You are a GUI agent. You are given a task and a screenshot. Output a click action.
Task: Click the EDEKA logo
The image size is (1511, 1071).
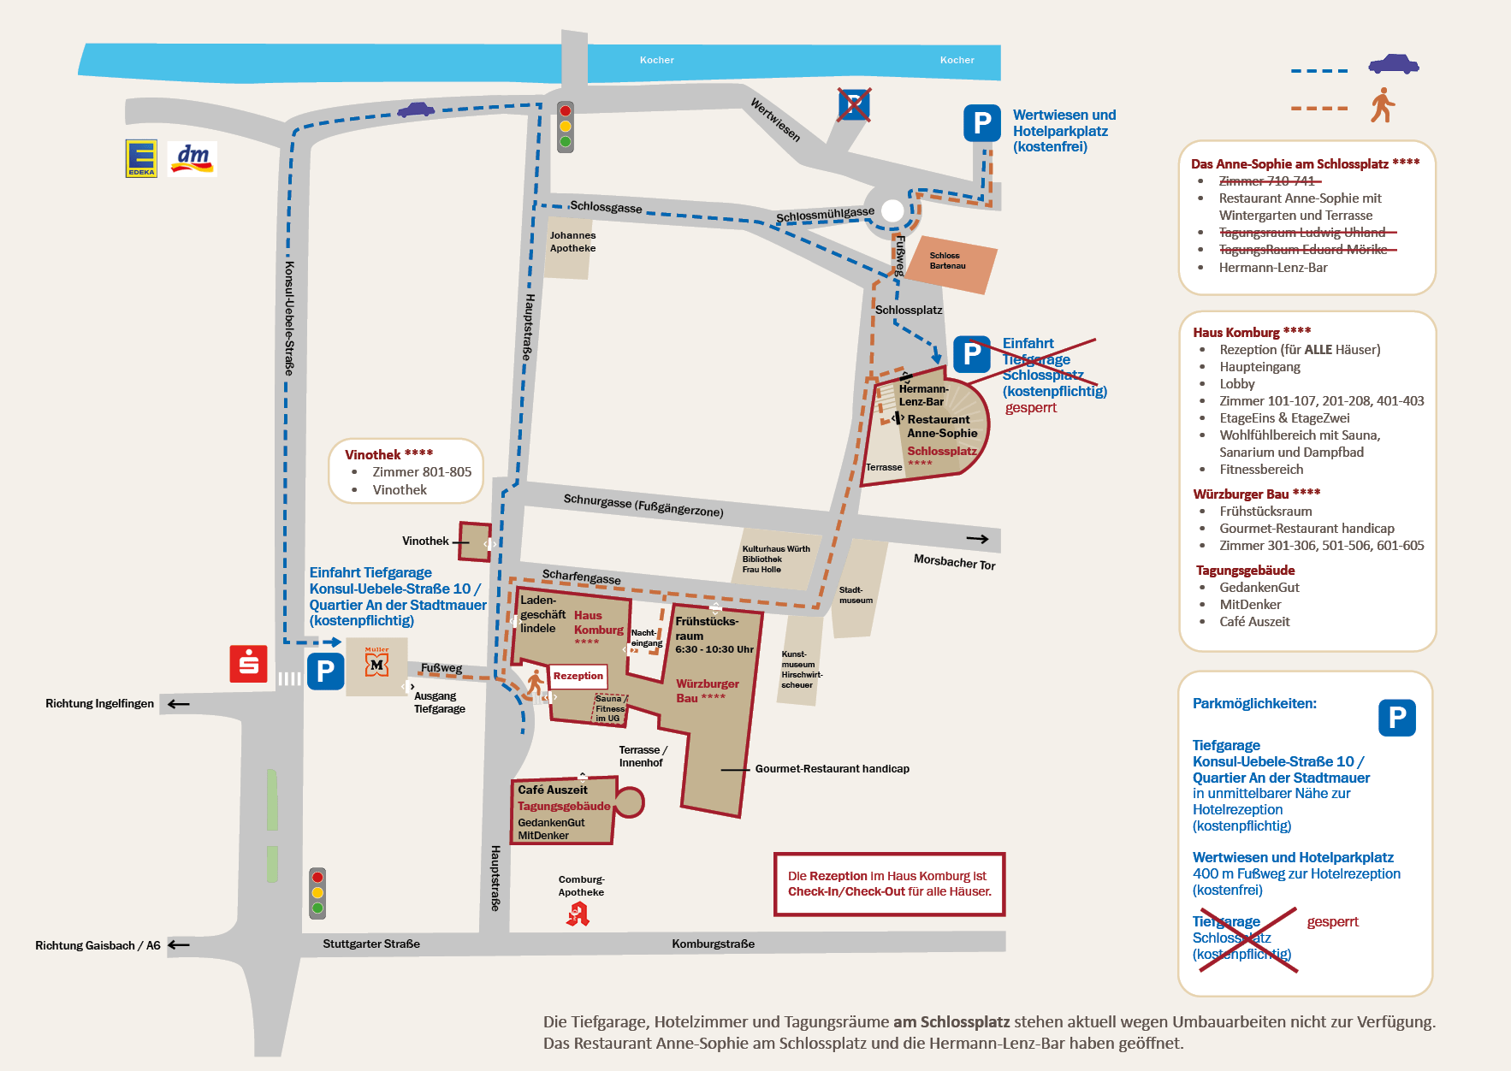tap(141, 158)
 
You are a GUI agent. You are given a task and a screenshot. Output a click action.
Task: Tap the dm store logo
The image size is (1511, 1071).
tap(193, 159)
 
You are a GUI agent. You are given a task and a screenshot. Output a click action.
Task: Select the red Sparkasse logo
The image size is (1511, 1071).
tap(249, 664)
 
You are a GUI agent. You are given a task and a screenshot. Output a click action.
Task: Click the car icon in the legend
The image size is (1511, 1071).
tap(1393, 64)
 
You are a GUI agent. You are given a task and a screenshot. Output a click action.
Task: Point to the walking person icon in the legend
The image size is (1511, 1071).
tap(1383, 105)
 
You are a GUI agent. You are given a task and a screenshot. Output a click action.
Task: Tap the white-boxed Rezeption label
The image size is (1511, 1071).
tap(578, 676)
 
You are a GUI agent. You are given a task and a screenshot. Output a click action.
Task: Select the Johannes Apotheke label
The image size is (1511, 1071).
tap(572, 242)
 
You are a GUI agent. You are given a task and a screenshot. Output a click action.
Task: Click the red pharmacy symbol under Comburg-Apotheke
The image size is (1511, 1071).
tap(578, 914)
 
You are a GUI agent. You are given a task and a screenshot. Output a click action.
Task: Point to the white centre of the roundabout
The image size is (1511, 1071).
tap(892, 210)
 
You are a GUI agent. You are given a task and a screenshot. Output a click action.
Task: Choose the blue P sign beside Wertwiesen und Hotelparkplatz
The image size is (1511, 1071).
tap(982, 123)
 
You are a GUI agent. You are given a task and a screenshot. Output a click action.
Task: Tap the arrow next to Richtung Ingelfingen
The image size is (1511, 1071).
tap(178, 704)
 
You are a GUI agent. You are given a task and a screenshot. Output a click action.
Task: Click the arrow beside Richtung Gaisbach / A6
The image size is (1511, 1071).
tap(178, 945)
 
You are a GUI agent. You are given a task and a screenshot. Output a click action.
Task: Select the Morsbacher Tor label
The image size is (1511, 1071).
tap(954, 562)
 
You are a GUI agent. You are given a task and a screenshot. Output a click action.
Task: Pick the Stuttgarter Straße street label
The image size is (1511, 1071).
tap(371, 944)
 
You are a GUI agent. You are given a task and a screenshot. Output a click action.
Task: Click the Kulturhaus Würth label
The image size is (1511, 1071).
tap(776, 549)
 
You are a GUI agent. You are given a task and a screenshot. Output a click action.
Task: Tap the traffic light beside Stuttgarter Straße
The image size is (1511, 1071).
tap(317, 893)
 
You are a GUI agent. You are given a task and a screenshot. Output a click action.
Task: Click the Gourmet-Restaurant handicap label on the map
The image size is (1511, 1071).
tap(832, 769)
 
